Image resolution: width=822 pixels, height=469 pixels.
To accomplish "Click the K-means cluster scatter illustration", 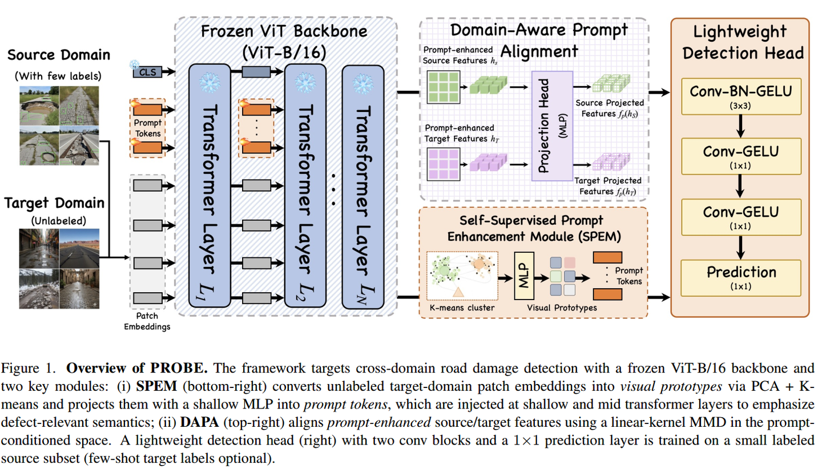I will pyautogui.click(x=463, y=276).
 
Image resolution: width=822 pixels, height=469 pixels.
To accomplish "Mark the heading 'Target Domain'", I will pyautogui.click(x=55, y=203).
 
